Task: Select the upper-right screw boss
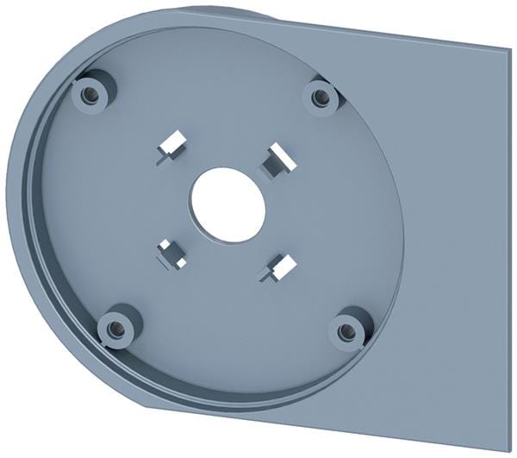click(321, 97)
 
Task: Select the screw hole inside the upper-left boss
click(88, 91)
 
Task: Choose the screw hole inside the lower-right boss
click(346, 330)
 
